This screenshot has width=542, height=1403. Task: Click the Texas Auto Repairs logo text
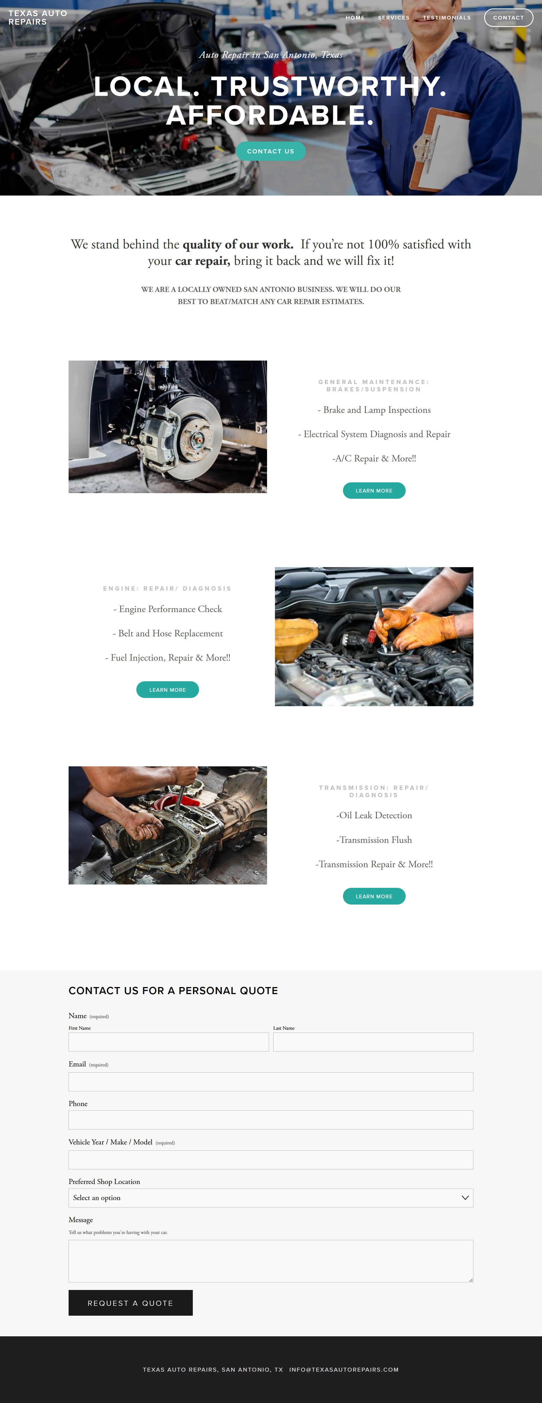tap(38, 18)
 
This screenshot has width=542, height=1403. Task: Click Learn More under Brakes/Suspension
tap(374, 491)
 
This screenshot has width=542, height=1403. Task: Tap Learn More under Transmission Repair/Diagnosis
tap(374, 897)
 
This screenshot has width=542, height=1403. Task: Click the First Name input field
tap(169, 1042)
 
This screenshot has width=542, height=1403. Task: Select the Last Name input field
tap(373, 1042)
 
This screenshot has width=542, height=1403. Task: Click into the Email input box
tap(271, 1082)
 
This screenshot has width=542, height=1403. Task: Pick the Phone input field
tap(271, 1120)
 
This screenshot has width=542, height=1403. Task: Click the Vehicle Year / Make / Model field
tap(271, 1159)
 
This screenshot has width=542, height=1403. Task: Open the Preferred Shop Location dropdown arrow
tap(465, 1198)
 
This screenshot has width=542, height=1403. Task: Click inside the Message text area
tap(271, 1261)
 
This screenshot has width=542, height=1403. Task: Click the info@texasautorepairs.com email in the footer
tap(344, 1369)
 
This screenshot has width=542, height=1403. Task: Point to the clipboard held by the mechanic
tap(440, 147)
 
